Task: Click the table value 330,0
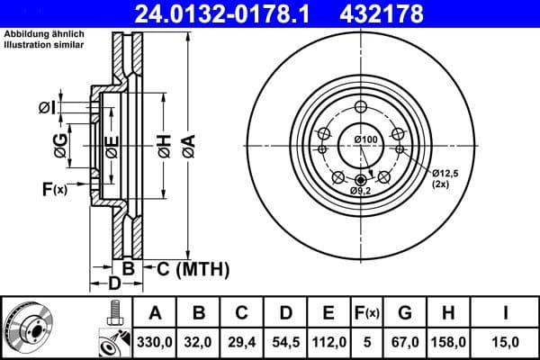click(x=155, y=342)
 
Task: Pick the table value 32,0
click(x=200, y=342)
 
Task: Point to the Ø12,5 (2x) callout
click(x=445, y=176)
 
